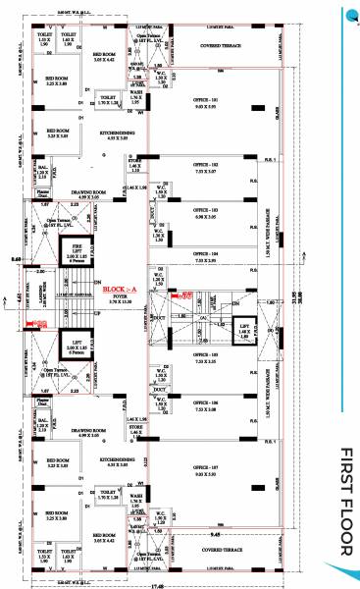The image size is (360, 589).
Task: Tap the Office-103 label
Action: pos(204,210)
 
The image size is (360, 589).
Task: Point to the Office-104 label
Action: pos(204,255)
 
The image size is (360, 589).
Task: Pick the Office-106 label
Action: pos(204,403)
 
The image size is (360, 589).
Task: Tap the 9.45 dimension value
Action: pos(229,536)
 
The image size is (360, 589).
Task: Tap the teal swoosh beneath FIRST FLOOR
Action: pos(347,568)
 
